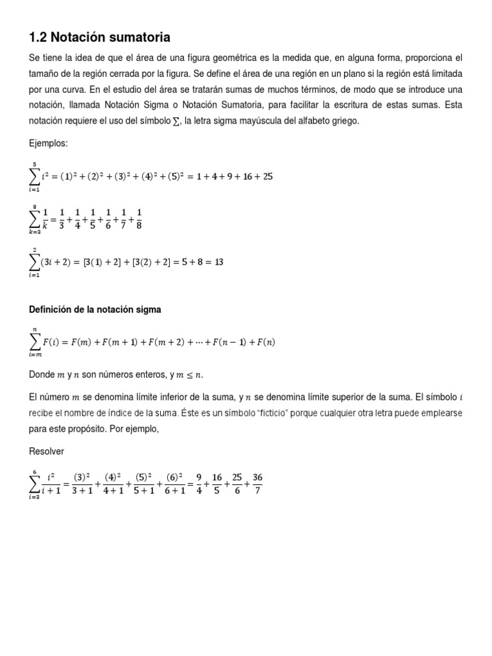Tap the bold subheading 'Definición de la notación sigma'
95,309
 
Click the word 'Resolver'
47,451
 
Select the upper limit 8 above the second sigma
36,206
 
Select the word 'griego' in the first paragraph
347,121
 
